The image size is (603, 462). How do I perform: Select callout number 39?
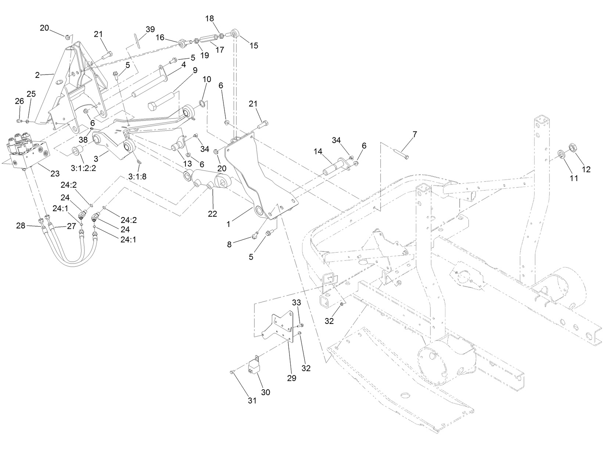pos(150,29)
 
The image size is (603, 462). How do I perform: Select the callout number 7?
pos(414,134)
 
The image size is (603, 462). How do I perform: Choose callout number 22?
pos(212,214)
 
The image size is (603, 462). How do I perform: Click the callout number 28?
pos(21,225)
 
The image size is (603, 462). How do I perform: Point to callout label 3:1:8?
pos(137,176)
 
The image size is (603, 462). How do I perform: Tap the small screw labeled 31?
pos(232,372)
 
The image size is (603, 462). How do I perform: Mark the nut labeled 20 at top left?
pos(68,37)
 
